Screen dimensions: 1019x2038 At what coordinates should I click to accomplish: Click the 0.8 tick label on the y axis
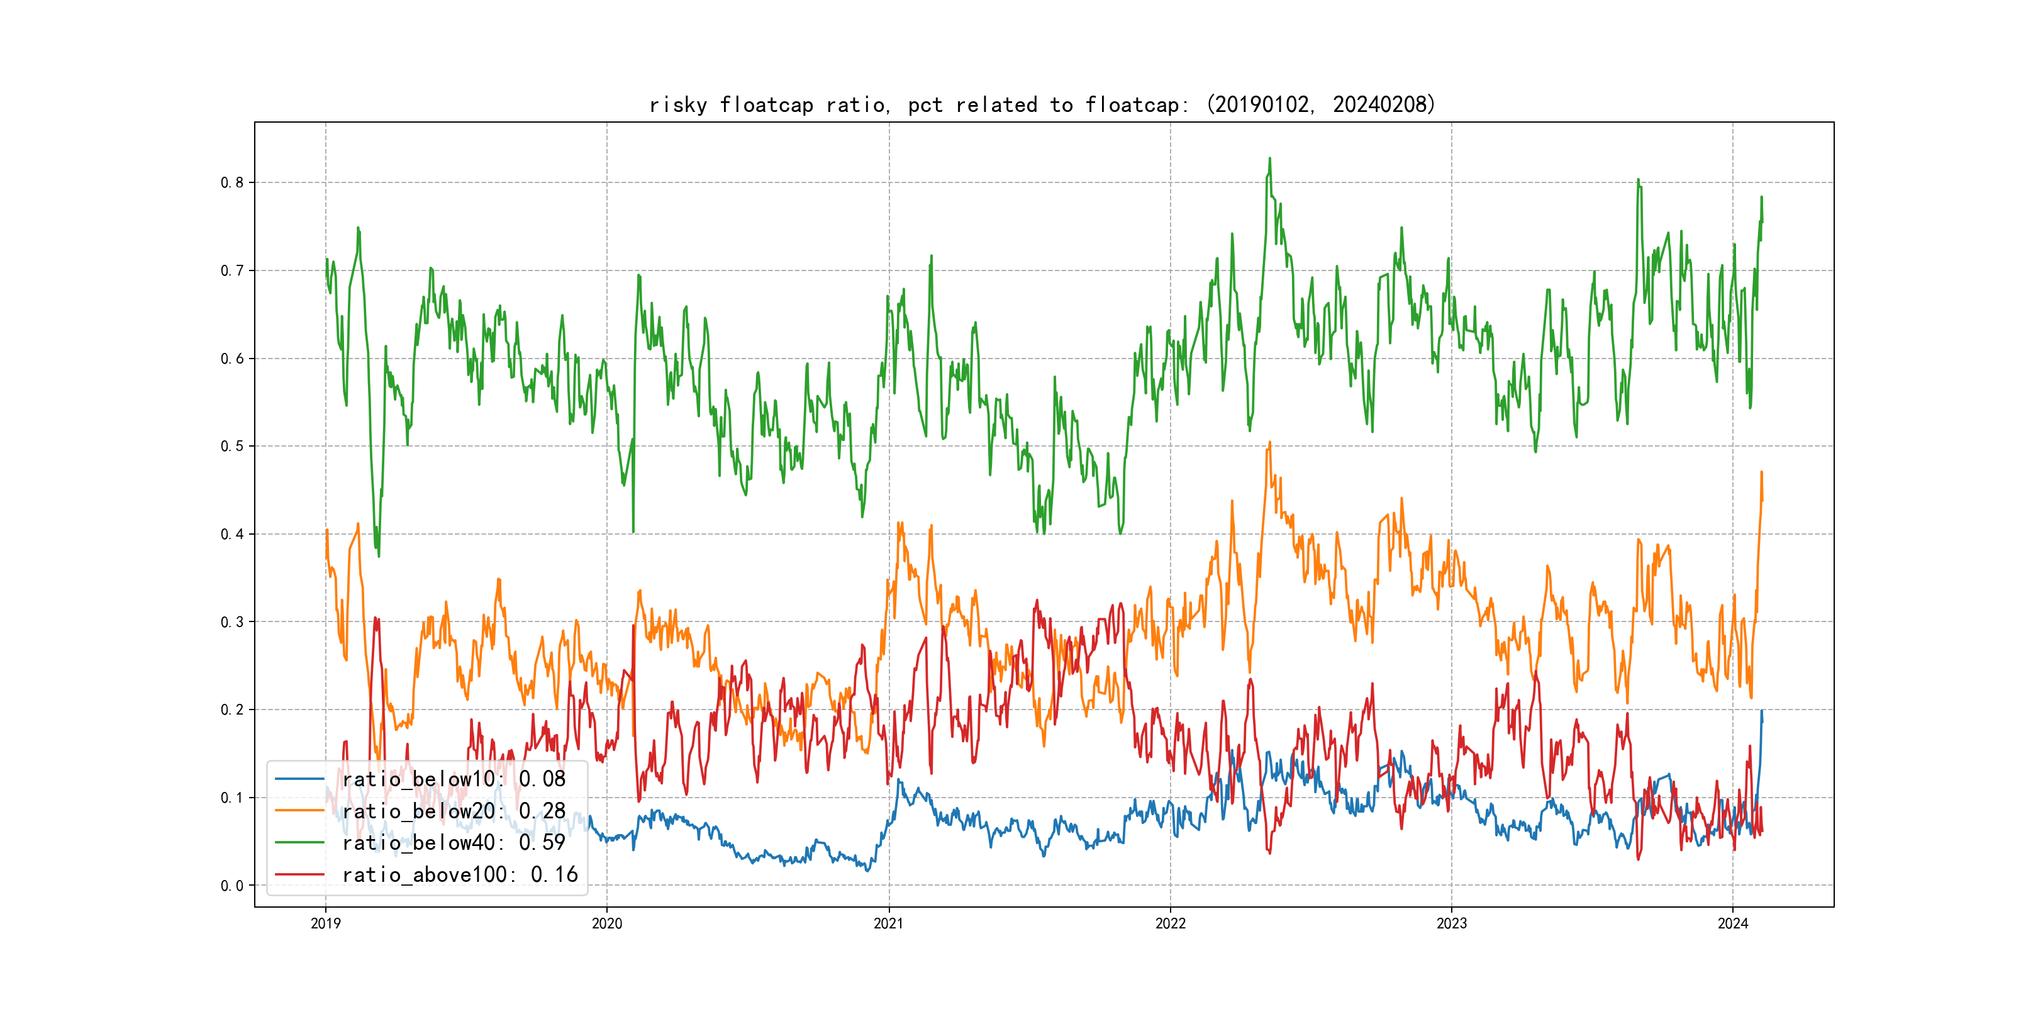pyautogui.click(x=232, y=183)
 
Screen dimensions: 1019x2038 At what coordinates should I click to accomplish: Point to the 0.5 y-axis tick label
pyautogui.click(x=232, y=446)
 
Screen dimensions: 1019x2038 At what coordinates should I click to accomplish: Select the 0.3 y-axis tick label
pyautogui.click(x=232, y=622)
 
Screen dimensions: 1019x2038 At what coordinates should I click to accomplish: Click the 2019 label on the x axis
pyautogui.click(x=325, y=923)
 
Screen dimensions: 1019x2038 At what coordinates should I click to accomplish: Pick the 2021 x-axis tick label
pyautogui.click(x=888, y=923)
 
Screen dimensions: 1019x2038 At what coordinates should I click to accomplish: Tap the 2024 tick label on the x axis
pyautogui.click(x=1733, y=923)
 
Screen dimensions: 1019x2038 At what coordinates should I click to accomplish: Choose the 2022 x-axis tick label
pyautogui.click(x=1170, y=923)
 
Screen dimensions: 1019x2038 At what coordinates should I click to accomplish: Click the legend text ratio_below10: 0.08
pyautogui.click(x=454, y=779)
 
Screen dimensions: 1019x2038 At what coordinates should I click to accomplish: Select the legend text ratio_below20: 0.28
pyautogui.click(x=454, y=811)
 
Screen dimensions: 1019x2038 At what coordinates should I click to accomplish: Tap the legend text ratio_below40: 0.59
pyautogui.click(x=454, y=843)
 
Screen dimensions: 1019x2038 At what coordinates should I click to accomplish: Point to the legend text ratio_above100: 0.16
pyautogui.click(x=460, y=874)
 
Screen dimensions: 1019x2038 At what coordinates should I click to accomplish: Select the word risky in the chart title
pyautogui.click(x=678, y=105)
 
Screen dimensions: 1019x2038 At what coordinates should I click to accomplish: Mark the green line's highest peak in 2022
pyautogui.click(x=1270, y=159)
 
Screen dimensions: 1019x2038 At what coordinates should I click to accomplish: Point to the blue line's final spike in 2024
pyautogui.click(x=1762, y=711)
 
